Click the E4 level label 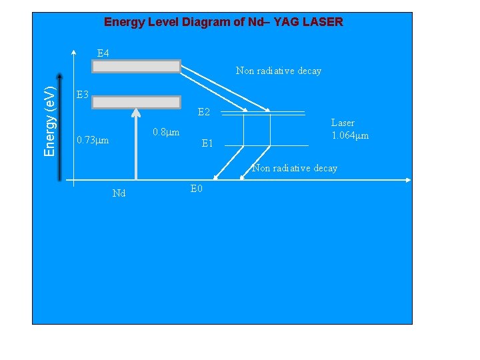pyautogui.click(x=103, y=53)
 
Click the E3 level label pyautogui.click(x=83, y=95)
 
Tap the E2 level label pyautogui.click(x=204, y=113)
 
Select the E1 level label pyautogui.click(x=207, y=143)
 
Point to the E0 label pyautogui.click(x=196, y=189)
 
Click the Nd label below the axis pyautogui.click(x=119, y=193)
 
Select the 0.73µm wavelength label pyautogui.click(x=93, y=141)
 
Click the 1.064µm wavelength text pyautogui.click(x=350, y=135)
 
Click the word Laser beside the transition pyautogui.click(x=343, y=123)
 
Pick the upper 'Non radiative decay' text pyautogui.click(x=278, y=71)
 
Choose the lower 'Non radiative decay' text pyautogui.click(x=294, y=168)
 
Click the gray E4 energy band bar pyautogui.click(x=136, y=66)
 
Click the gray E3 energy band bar pyautogui.click(x=136, y=102)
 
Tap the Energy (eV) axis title pyautogui.click(x=50, y=121)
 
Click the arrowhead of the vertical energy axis pyautogui.click(x=61, y=75)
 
